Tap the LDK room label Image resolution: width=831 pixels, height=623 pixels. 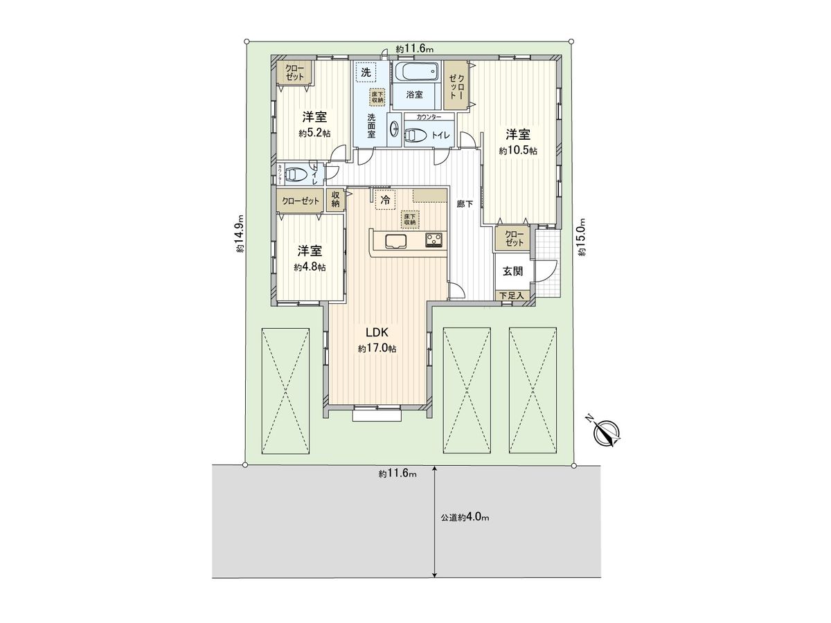click(377, 332)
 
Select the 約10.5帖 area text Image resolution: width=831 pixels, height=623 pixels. click(518, 150)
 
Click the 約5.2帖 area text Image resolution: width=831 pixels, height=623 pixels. click(314, 133)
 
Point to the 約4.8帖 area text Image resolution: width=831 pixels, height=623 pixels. click(310, 267)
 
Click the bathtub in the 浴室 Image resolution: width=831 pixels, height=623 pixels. click(416, 71)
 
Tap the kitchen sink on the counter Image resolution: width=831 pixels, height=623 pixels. click(395, 241)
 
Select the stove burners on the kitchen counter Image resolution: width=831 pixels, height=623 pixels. click(434, 240)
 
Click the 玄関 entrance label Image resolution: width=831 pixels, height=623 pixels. click(512, 271)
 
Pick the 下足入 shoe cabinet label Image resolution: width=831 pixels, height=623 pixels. click(513, 296)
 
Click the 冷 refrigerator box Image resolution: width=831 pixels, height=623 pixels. click(385, 200)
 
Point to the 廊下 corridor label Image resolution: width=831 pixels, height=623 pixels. click(464, 204)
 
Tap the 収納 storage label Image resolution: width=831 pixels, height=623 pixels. click(335, 200)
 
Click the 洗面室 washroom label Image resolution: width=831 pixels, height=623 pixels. click(371, 125)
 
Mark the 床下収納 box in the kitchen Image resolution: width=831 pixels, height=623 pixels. click(409, 219)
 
